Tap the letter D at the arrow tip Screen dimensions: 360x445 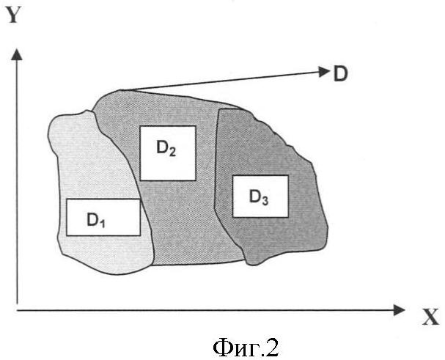tap(340, 74)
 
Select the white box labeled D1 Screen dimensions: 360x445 tap(103, 218)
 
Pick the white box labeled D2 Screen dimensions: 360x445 tap(168, 153)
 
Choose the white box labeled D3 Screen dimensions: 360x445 tap(260, 196)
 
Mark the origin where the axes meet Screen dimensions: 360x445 tap(17, 310)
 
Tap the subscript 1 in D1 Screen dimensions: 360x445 tap(103, 224)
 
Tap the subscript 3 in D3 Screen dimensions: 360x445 tap(265, 200)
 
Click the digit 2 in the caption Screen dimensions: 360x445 tap(273, 345)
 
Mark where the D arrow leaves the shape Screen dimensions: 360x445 tap(123, 90)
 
